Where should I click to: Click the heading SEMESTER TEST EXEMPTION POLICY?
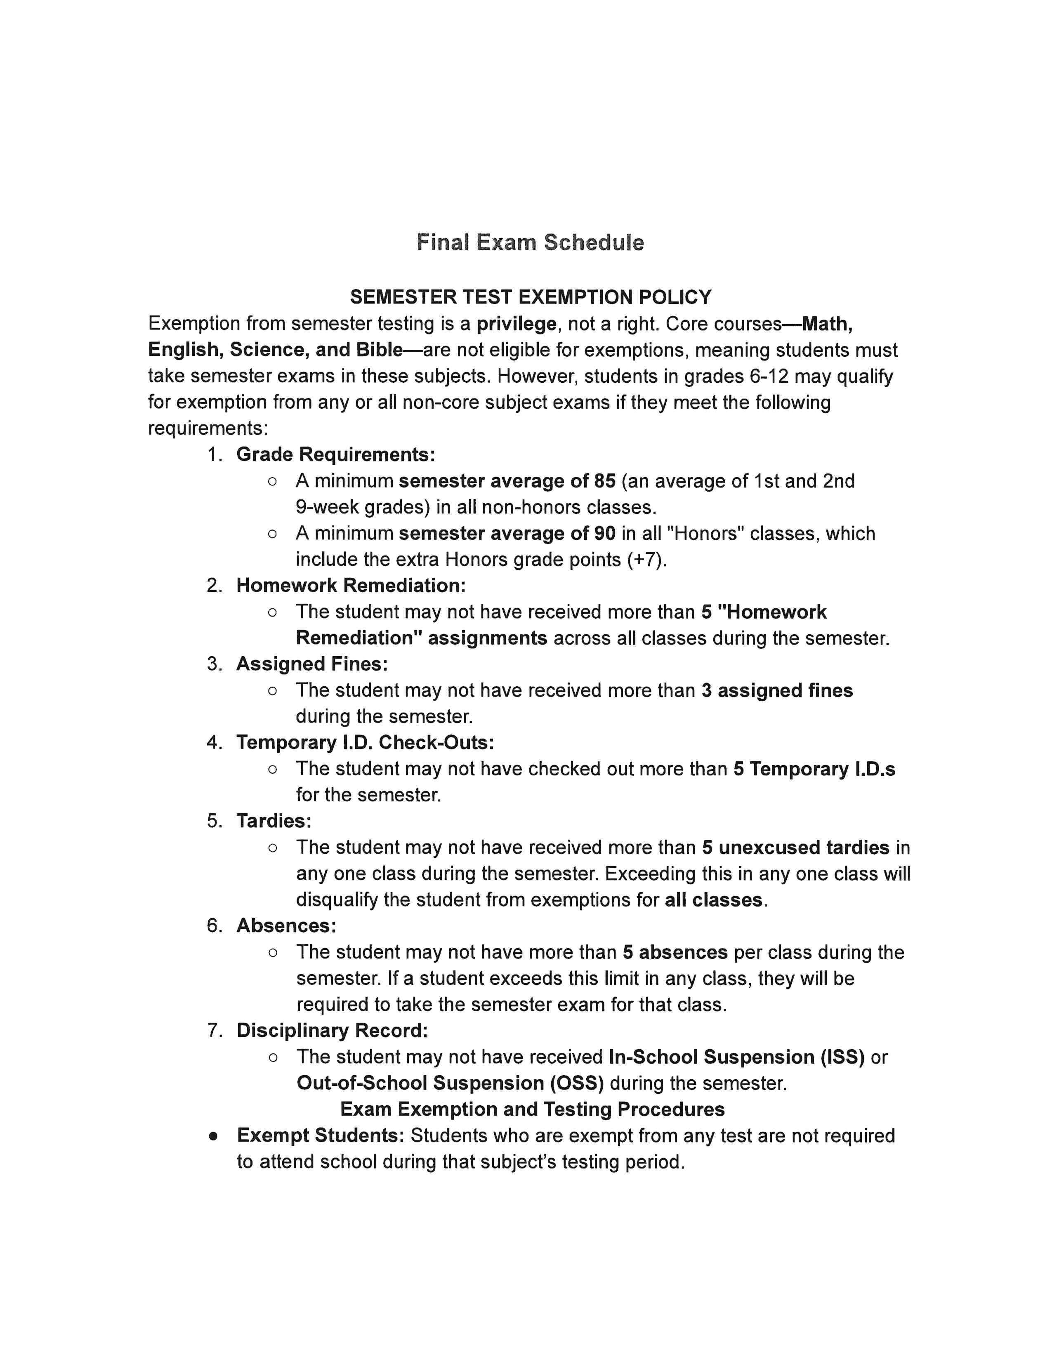tap(531, 297)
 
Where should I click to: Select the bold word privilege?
tap(516, 324)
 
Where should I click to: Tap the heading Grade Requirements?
tap(335, 454)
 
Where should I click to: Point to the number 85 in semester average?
tap(604, 481)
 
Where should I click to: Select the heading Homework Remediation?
tap(351, 586)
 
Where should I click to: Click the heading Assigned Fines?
tap(311, 664)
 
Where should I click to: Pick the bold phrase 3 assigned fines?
tap(776, 690)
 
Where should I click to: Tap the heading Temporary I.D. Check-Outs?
tap(365, 743)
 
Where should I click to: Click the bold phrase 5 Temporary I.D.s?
tap(814, 769)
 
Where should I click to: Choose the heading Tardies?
tap(274, 821)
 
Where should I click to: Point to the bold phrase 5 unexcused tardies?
tap(795, 848)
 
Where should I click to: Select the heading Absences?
tap(286, 926)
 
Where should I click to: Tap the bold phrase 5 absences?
tap(675, 952)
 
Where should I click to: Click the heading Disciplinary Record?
tap(332, 1031)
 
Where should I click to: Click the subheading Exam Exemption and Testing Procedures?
tap(532, 1109)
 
